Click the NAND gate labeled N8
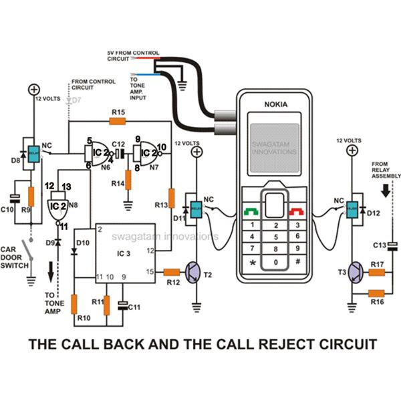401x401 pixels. coord(56,205)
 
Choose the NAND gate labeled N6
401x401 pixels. coord(98,152)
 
